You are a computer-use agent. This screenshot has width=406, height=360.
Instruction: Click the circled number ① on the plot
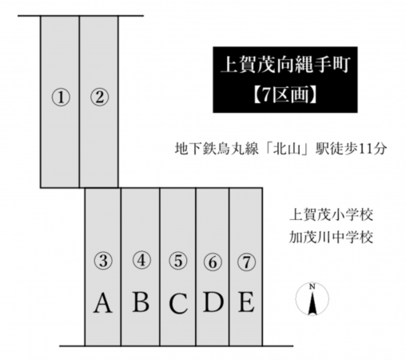61,98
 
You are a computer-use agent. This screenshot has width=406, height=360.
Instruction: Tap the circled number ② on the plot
99,97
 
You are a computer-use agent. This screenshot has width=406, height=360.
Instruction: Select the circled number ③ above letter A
103,261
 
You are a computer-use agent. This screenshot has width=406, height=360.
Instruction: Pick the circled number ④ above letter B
141,260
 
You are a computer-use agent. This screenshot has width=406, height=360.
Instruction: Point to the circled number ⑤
178,261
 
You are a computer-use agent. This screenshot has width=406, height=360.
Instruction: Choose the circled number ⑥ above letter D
213,262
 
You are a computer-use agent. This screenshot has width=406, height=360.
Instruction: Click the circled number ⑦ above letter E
246,262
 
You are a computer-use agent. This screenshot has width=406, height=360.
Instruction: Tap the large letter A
102,302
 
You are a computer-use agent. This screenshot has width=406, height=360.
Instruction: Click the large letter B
141,302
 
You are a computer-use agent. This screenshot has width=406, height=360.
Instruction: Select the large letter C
178,303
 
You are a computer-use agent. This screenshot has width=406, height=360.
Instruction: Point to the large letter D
213,302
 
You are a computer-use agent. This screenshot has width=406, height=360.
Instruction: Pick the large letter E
246,302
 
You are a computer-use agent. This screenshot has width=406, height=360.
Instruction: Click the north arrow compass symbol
312,299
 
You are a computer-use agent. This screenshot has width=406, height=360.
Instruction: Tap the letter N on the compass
312,287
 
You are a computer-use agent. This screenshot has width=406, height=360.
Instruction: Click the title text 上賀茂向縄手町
285,65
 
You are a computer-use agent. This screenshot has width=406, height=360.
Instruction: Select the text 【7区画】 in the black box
285,94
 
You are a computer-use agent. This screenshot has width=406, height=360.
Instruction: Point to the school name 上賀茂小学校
331,214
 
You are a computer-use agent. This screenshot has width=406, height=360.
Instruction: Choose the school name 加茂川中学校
331,238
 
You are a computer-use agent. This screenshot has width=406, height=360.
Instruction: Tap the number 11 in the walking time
366,149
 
